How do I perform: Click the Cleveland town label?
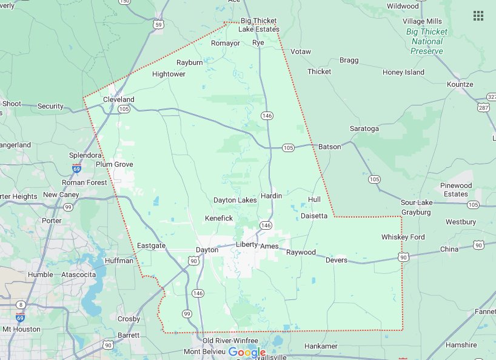[119, 99]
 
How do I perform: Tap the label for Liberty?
[247, 245]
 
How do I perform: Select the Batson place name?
[330, 147]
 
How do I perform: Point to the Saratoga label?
[364, 129]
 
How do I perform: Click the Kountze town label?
[460, 84]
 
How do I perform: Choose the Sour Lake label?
[416, 202]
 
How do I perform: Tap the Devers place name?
[337, 261]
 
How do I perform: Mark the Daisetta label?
[314, 216]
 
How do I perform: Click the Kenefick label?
[219, 218]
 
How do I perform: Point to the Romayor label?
[226, 44]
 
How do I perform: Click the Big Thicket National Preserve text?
[427, 41]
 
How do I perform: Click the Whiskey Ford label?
[403, 237]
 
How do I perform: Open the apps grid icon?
[478, 16]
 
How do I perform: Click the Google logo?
[247, 352]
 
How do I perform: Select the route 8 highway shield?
[21, 304]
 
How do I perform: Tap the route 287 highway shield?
[483, 107]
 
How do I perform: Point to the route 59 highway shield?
[158, 24]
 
